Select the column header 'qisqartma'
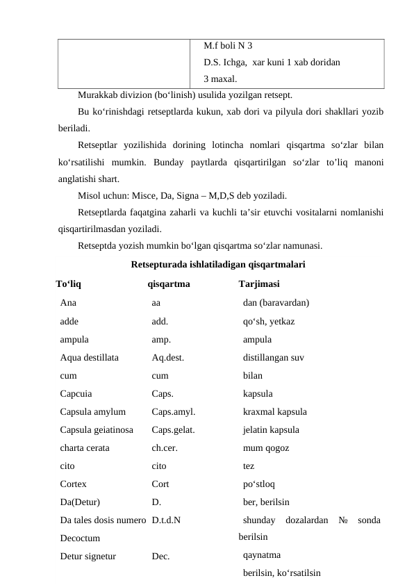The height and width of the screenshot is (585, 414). [169, 283]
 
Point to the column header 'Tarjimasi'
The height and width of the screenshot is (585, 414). [259, 283]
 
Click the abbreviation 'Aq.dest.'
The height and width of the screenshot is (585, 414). [168, 359]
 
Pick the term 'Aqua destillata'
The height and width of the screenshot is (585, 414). [90, 359]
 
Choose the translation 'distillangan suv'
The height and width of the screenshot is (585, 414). [274, 359]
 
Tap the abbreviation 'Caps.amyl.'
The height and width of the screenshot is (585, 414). [173, 411]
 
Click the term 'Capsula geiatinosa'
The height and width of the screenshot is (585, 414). [97, 429]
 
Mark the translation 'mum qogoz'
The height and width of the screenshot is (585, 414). [267, 448]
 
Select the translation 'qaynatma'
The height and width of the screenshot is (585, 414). [263, 556]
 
